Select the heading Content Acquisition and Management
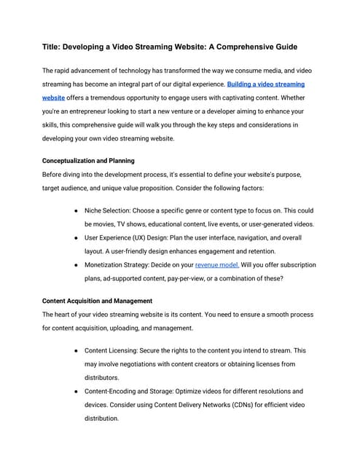point(97,301)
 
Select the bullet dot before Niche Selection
point(77,210)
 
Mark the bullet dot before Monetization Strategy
point(77,265)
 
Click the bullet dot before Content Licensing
point(77,350)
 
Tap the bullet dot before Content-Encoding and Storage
point(77,392)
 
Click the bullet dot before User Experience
point(77,237)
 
